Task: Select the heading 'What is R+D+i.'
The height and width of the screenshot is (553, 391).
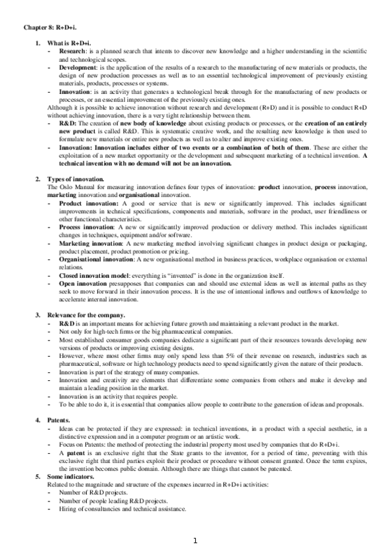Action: point(67,43)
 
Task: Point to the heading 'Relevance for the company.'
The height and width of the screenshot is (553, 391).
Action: point(84,315)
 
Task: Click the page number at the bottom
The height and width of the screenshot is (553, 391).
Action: point(195,541)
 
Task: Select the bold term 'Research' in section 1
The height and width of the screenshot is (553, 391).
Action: point(71,51)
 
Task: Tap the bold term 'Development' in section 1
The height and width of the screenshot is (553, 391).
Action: point(77,67)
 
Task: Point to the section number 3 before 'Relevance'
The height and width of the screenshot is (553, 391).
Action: point(38,315)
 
